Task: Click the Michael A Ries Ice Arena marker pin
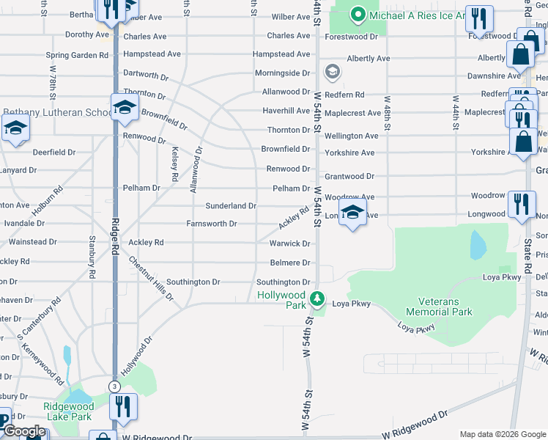358,14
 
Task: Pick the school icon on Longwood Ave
353,213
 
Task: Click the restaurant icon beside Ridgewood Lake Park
123,406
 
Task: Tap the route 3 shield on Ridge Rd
114,386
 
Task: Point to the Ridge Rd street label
115,235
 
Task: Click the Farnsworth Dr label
212,224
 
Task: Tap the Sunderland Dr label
231,206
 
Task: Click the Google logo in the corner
23,432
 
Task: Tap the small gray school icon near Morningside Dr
333,72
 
